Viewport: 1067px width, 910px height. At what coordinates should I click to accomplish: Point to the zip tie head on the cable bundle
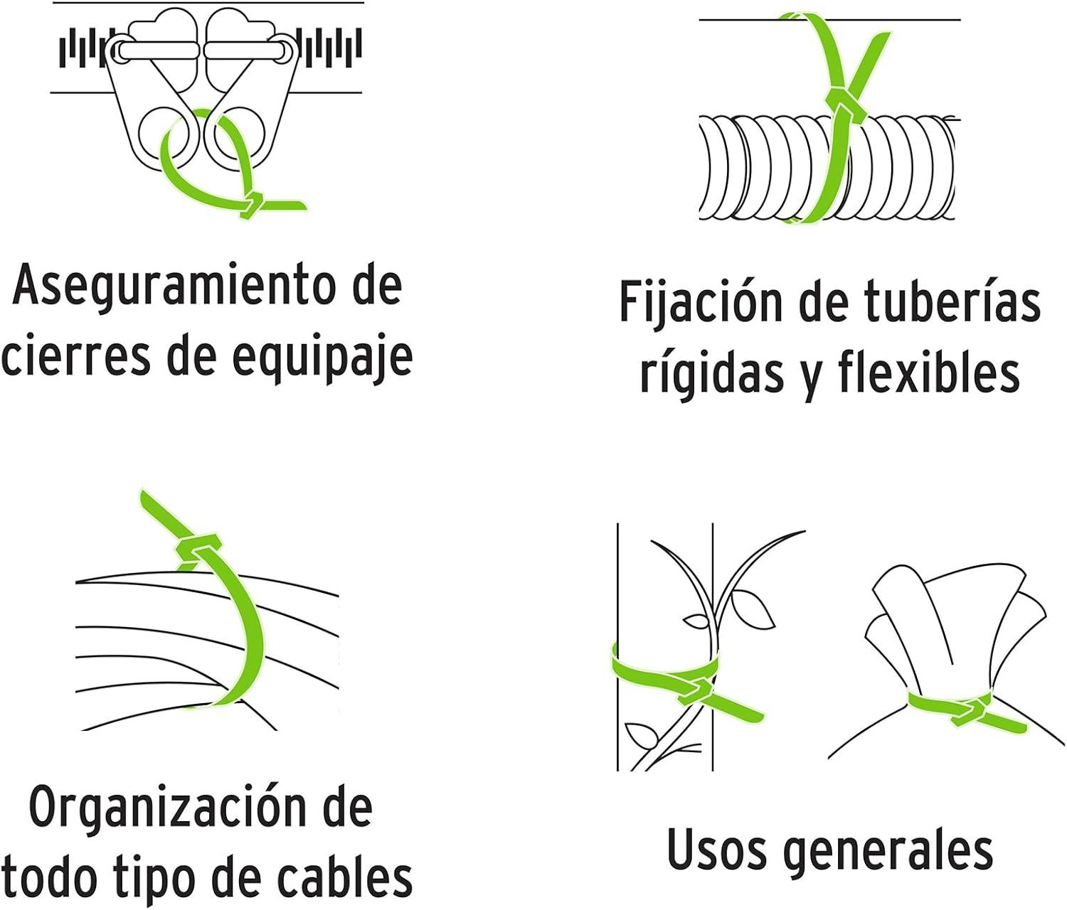point(193,550)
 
